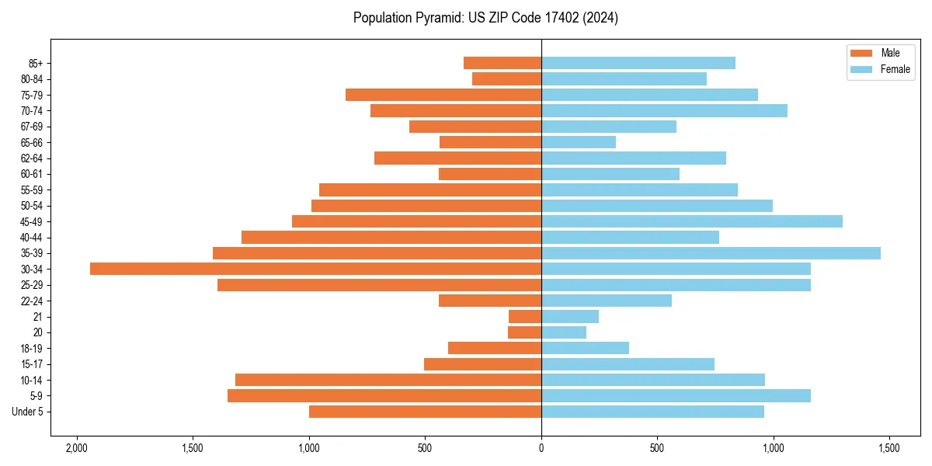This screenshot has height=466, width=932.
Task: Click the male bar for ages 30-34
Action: click(x=315, y=269)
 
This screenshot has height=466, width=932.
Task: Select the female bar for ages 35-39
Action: click(x=711, y=253)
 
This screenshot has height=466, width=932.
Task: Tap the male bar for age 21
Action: click(x=525, y=316)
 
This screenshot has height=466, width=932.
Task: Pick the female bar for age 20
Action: click(x=564, y=332)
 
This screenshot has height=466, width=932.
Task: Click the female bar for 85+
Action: click(x=638, y=63)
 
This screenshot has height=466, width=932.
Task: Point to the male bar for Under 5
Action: click(x=425, y=412)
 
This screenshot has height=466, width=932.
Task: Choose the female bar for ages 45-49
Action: click(x=692, y=221)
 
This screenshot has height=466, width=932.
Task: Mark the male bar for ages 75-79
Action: click(x=443, y=95)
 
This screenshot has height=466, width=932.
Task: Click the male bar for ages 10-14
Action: click(x=388, y=380)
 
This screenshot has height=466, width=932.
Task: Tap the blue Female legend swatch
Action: click(x=862, y=69)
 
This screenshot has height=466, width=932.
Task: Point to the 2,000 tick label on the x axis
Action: click(x=76, y=449)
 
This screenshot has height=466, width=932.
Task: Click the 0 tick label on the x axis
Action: click(x=541, y=449)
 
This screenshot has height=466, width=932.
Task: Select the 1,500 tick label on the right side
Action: click(x=889, y=449)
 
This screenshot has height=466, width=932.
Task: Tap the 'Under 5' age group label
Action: click(x=28, y=412)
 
